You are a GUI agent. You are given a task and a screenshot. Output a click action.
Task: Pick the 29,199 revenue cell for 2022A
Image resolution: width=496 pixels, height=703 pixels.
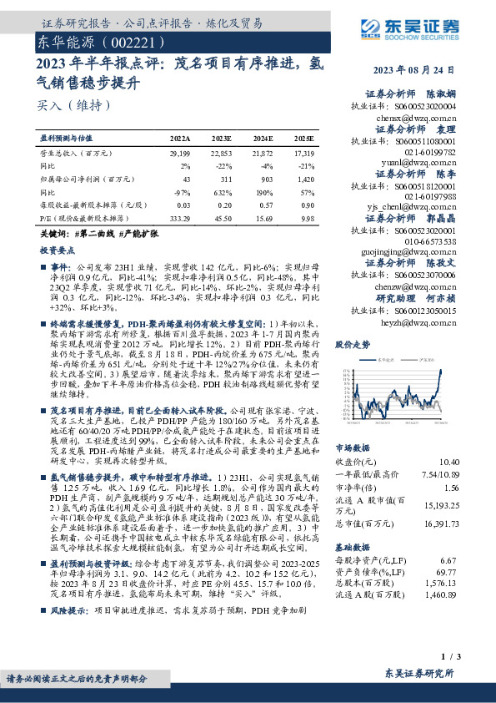pos(180,154)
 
